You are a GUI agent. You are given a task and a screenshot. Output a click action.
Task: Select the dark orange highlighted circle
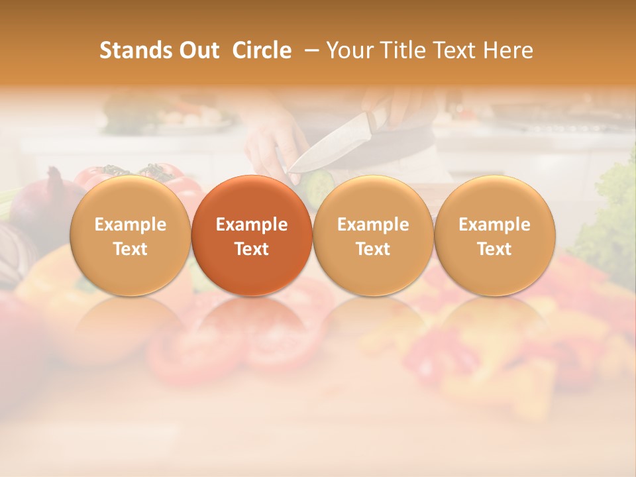coord(252,236)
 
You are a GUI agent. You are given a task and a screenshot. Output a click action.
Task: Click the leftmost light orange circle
coord(130,236)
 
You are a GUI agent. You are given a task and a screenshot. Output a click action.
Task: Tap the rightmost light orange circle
coord(494,236)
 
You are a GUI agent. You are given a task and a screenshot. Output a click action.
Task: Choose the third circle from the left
coord(373,236)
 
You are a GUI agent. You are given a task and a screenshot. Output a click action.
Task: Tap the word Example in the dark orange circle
coord(252,225)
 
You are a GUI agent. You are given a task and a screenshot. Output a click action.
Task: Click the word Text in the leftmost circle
coord(130,249)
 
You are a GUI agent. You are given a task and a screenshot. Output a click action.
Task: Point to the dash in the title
coord(309,50)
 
